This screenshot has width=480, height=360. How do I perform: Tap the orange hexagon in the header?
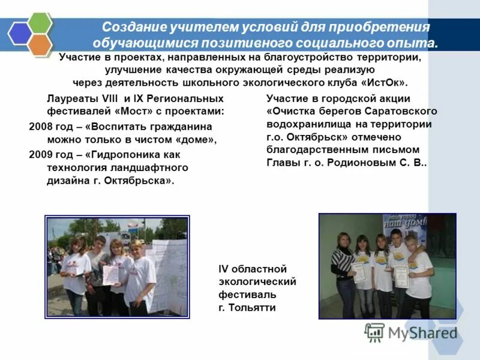[x=40, y=45]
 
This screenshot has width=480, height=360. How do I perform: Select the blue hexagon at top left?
[x=19, y=34]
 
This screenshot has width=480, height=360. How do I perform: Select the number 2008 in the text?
[x=41, y=127]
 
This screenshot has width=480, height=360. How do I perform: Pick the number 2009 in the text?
[x=41, y=154]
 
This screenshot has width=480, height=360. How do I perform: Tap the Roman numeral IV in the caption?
[x=224, y=268]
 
